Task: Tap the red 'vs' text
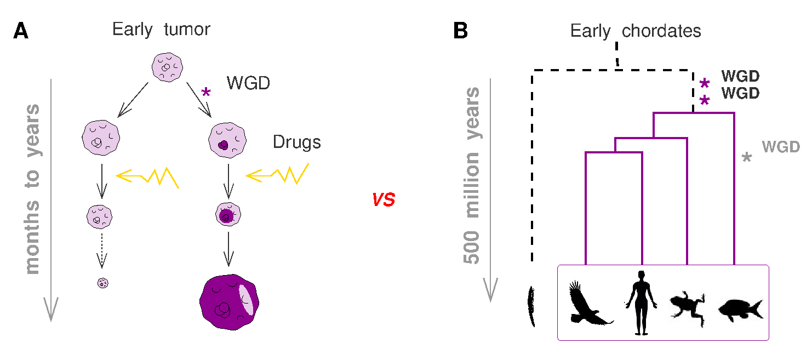click(x=384, y=200)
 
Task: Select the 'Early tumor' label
click(x=161, y=29)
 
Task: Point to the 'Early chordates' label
click(x=636, y=31)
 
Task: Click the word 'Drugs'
click(x=296, y=143)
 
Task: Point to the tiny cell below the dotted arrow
click(x=102, y=283)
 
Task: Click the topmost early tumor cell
click(x=167, y=67)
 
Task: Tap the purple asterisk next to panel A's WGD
click(x=206, y=93)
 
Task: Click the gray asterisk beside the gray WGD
click(x=746, y=157)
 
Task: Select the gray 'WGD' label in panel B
click(x=781, y=147)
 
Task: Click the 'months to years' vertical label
click(x=33, y=189)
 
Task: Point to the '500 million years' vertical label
click(x=472, y=175)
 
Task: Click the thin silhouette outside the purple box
click(x=531, y=307)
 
